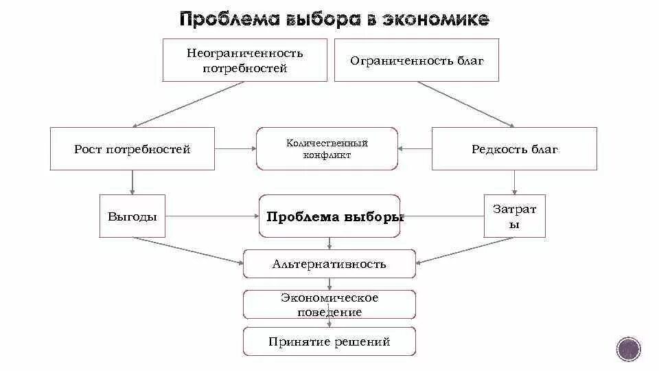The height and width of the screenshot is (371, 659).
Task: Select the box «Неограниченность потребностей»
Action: (x=244, y=60)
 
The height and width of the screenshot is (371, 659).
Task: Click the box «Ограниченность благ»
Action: (x=416, y=60)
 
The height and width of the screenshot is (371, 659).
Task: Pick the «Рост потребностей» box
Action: (x=132, y=149)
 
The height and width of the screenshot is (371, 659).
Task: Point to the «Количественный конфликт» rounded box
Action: (x=327, y=149)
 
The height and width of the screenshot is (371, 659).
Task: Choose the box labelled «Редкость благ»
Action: (x=514, y=149)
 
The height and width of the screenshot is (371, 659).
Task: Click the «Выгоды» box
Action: (x=132, y=216)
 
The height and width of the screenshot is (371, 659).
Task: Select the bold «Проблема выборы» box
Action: (x=329, y=216)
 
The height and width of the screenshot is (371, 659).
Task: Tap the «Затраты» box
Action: (x=514, y=216)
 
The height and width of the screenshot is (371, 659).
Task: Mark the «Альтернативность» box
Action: (x=329, y=264)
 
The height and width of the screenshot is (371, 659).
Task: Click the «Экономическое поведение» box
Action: (x=329, y=304)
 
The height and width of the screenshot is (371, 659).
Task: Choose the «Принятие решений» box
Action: (x=329, y=341)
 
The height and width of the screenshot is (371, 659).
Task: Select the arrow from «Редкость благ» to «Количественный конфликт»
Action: (x=415, y=148)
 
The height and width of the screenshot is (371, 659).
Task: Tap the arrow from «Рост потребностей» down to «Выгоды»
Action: (x=132, y=183)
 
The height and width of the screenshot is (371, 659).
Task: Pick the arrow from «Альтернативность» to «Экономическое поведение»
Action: (x=330, y=284)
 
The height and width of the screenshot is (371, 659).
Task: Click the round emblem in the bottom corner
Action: (x=628, y=349)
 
